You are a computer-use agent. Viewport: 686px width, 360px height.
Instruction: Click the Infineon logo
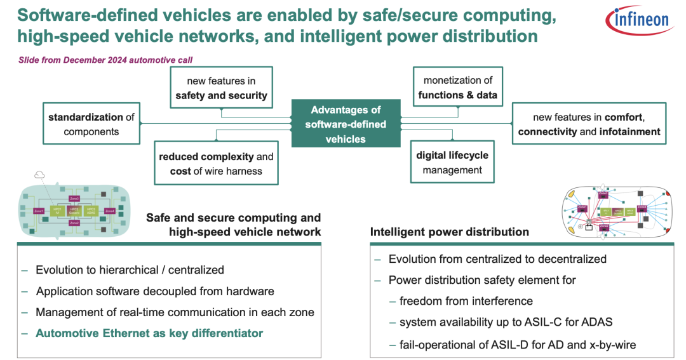click(640, 20)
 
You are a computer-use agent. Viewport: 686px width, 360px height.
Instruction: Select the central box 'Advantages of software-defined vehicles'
click(346, 124)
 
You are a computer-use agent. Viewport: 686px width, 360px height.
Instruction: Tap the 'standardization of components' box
click(91, 124)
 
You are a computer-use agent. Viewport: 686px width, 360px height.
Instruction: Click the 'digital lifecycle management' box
click(453, 162)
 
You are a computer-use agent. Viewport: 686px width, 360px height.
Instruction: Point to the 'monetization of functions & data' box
click(457, 88)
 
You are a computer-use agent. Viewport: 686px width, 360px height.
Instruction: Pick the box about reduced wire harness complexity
click(216, 163)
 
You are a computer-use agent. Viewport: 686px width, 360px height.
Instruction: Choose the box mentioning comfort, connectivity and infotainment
click(589, 124)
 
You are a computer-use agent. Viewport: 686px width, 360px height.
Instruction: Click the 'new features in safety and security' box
click(221, 88)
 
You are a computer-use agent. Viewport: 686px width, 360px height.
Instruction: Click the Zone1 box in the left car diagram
click(39, 210)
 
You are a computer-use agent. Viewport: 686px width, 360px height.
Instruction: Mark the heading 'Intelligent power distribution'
click(449, 232)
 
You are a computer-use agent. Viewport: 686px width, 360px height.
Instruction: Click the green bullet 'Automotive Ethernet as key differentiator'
click(149, 333)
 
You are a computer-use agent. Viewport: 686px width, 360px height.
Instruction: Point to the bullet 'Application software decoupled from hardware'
click(155, 291)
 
